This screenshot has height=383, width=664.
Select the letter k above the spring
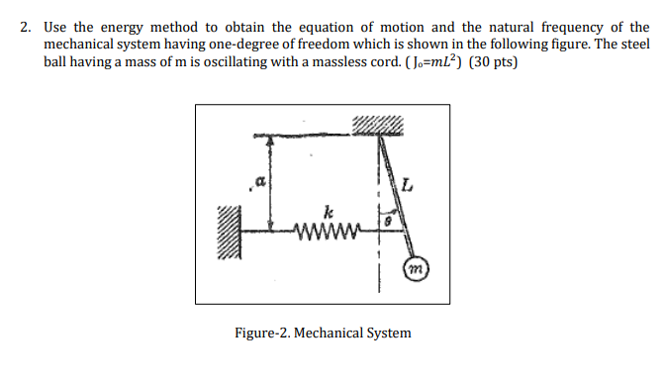click(x=326, y=212)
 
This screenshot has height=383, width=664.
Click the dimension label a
click(x=260, y=181)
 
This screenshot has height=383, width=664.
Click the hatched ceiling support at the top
click(x=376, y=124)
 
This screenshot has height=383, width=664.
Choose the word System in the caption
click(x=387, y=333)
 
